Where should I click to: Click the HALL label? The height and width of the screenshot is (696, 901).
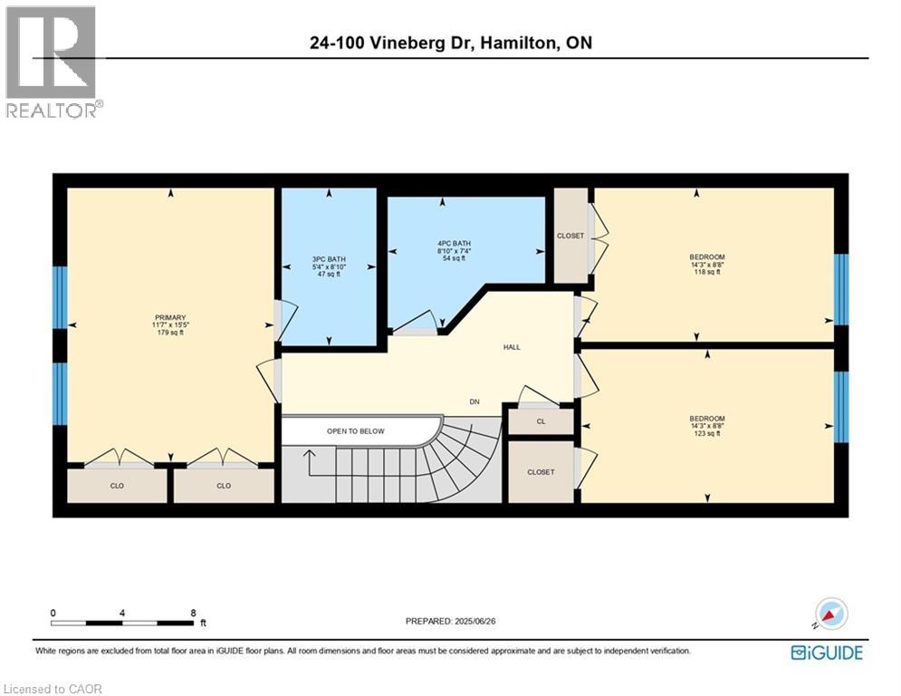click(x=512, y=347)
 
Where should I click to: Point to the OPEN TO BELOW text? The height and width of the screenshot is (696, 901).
click(x=356, y=431)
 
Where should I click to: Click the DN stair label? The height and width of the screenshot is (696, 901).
click(x=474, y=401)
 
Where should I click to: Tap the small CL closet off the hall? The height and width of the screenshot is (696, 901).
click(x=541, y=421)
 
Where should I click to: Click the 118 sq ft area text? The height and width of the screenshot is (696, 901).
click(x=707, y=272)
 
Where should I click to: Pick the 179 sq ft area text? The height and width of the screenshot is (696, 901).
click(x=169, y=333)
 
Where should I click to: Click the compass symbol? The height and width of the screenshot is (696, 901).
click(x=830, y=614)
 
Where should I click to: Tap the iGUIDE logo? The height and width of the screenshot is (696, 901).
click(x=827, y=652)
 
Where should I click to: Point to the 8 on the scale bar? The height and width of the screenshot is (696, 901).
click(x=193, y=612)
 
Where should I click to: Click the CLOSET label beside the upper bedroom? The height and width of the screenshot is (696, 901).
click(x=570, y=236)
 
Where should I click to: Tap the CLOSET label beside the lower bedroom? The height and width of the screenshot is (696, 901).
click(x=541, y=472)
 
